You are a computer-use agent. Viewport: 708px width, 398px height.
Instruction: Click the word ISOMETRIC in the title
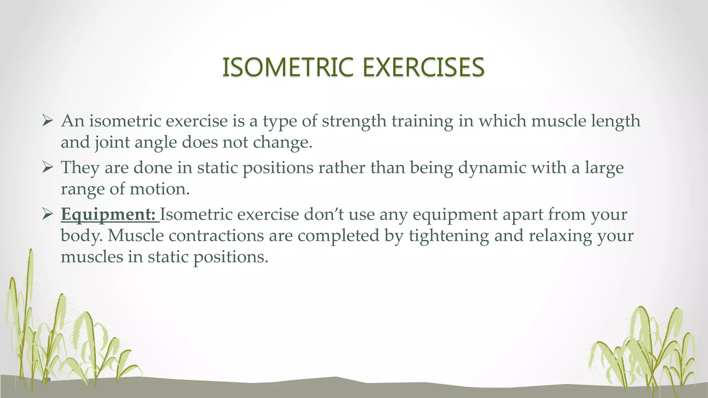click(x=288, y=67)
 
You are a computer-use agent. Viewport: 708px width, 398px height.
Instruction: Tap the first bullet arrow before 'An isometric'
click(x=47, y=121)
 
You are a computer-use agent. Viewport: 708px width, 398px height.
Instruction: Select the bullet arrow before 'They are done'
click(x=47, y=168)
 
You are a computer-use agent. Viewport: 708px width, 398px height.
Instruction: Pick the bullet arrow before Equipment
click(x=47, y=215)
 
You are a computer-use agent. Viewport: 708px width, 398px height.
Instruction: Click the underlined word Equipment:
click(x=108, y=215)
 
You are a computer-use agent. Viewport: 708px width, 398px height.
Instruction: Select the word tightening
click(x=449, y=236)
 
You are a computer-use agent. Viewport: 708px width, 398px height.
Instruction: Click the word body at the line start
click(x=81, y=236)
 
